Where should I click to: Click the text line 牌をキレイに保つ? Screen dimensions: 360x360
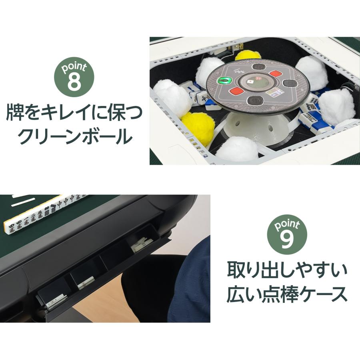(x=74, y=114)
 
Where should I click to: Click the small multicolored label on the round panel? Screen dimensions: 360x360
(x=274, y=92)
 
